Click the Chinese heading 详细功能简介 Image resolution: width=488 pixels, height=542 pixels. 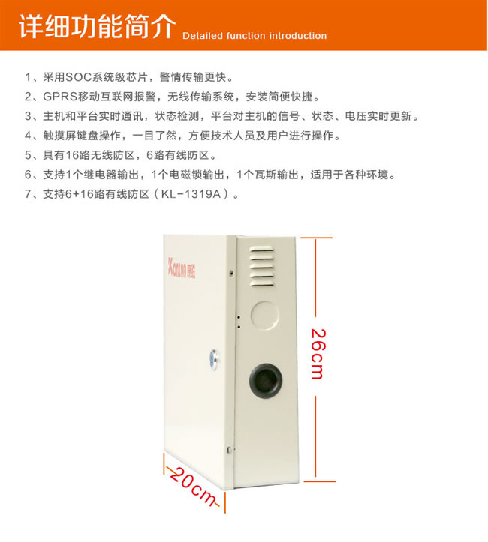(98, 26)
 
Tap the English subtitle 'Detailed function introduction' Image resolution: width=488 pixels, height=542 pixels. (255, 36)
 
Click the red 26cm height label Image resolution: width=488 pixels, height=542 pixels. (318, 354)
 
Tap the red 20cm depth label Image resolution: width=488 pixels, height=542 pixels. (193, 487)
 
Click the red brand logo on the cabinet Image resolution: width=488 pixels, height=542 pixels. (182, 268)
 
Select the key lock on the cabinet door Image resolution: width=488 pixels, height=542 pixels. (215, 359)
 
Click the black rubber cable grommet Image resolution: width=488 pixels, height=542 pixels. (266, 380)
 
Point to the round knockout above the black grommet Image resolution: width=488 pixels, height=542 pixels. (265, 315)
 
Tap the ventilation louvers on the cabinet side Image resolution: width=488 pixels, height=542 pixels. (262, 267)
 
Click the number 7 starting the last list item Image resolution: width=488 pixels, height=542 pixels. (28, 194)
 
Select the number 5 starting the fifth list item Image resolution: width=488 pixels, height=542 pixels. (28, 155)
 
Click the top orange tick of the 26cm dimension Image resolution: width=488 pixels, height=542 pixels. (316, 238)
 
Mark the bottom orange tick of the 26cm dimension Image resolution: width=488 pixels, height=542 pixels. (319, 481)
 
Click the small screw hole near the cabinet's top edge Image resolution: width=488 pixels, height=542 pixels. (231, 273)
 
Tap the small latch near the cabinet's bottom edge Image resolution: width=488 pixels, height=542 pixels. (229, 450)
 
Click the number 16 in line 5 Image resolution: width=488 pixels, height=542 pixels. (73, 155)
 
